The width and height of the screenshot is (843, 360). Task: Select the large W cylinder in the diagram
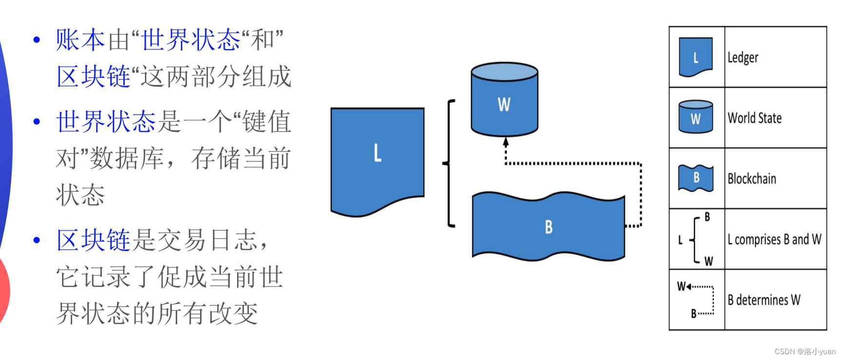tap(504, 100)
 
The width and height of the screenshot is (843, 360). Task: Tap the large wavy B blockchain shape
tap(548, 227)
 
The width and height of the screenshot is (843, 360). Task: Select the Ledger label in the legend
tap(743, 58)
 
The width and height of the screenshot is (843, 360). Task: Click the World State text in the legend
tap(754, 118)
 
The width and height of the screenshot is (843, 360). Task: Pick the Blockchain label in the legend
tap(751, 179)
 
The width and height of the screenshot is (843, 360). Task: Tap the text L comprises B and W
tap(774, 240)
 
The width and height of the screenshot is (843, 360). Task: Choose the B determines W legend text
tap(764, 300)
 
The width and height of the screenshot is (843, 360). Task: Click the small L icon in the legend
tap(696, 58)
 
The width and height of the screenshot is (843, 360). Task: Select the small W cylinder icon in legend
tap(696, 118)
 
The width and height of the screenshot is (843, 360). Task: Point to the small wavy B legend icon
tap(696, 178)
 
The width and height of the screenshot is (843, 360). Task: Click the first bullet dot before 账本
tap(37, 40)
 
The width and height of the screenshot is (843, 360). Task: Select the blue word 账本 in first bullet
tap(80, 40)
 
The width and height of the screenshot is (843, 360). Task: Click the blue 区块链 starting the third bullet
tap(93, 240)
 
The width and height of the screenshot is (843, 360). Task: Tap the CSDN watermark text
tap(805, 351)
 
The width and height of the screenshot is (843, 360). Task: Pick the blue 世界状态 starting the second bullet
tap(105, 121)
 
